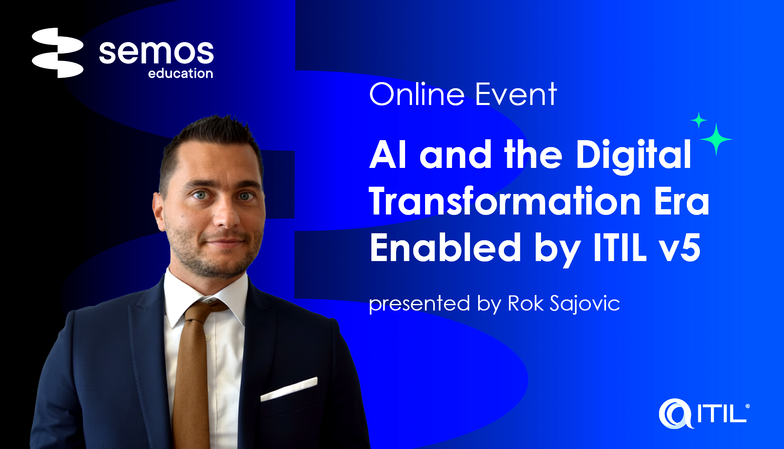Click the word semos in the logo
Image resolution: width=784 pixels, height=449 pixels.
[156, 52]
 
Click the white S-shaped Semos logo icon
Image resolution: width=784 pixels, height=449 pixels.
[58, 53]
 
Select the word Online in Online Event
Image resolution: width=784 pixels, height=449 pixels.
[417, 94]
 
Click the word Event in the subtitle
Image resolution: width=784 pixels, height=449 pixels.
[516, 94]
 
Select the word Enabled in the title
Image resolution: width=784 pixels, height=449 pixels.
[445, 248]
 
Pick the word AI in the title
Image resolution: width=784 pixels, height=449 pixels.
[388, 154]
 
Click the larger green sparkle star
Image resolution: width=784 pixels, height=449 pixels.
[716, 139]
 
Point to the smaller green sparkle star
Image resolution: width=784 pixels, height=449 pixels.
[699, 120]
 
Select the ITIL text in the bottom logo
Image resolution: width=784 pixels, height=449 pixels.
[722, 413]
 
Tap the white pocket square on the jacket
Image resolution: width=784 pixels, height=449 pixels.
[289, 389]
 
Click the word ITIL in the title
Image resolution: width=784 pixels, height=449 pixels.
[620, 248]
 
